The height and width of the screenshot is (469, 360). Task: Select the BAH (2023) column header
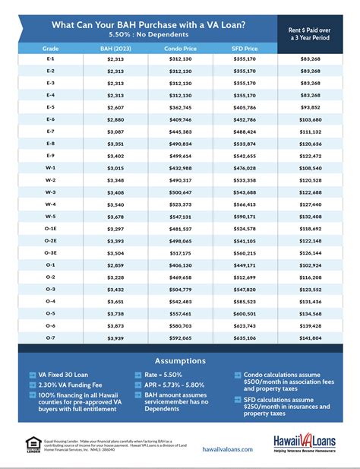(x=115, y=47)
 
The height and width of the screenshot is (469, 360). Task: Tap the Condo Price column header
(x=179, y=47)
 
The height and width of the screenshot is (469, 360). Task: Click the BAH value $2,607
(x=115, y=107)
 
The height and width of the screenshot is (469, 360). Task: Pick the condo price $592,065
(x=179, y=337)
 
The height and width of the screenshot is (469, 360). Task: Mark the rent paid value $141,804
(x=311, y=337)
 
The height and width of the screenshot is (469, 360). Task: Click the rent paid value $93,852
(x=311, y=107)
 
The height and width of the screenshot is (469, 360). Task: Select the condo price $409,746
(x=179, y=119)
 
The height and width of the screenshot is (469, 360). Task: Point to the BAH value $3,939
(x=115, y=337)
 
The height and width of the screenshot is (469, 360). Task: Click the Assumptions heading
(x=180, y=361)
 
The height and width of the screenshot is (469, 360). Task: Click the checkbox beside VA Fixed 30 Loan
(x=32, y=375)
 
